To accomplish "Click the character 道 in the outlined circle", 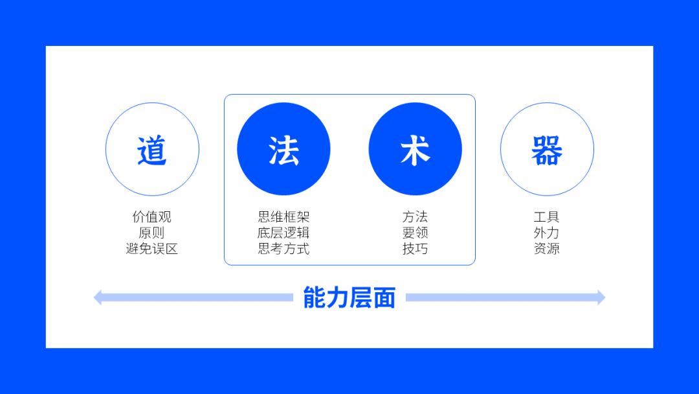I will click(x=152, y=150).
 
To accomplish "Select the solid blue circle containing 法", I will click(x=283, y=149).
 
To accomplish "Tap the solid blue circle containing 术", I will click(x=415, y=149).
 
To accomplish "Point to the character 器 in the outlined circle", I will click(x=547, y=150).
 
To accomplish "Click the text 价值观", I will click(x=152, y=216).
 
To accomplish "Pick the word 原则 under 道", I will click(x=152, y=233).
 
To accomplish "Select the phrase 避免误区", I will click(x=152, y=248).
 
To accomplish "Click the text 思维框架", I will click(x=283, y=216).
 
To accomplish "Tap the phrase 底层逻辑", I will click(x=283, y=233).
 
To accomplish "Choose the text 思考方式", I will click(x=283, y=248).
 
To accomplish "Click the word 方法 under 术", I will click(x=415, y=216).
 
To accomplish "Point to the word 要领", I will click(x=415, y=233).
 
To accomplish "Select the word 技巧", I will click(x=415, y=248).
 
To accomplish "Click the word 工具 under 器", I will click(x=547, y=216).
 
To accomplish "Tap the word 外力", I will click(x=547, y=233).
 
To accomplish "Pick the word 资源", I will click(x=547, y=248).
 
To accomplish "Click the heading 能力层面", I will click(x=349, y=297).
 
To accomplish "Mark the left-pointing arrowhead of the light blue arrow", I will click(x=98, y=297).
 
